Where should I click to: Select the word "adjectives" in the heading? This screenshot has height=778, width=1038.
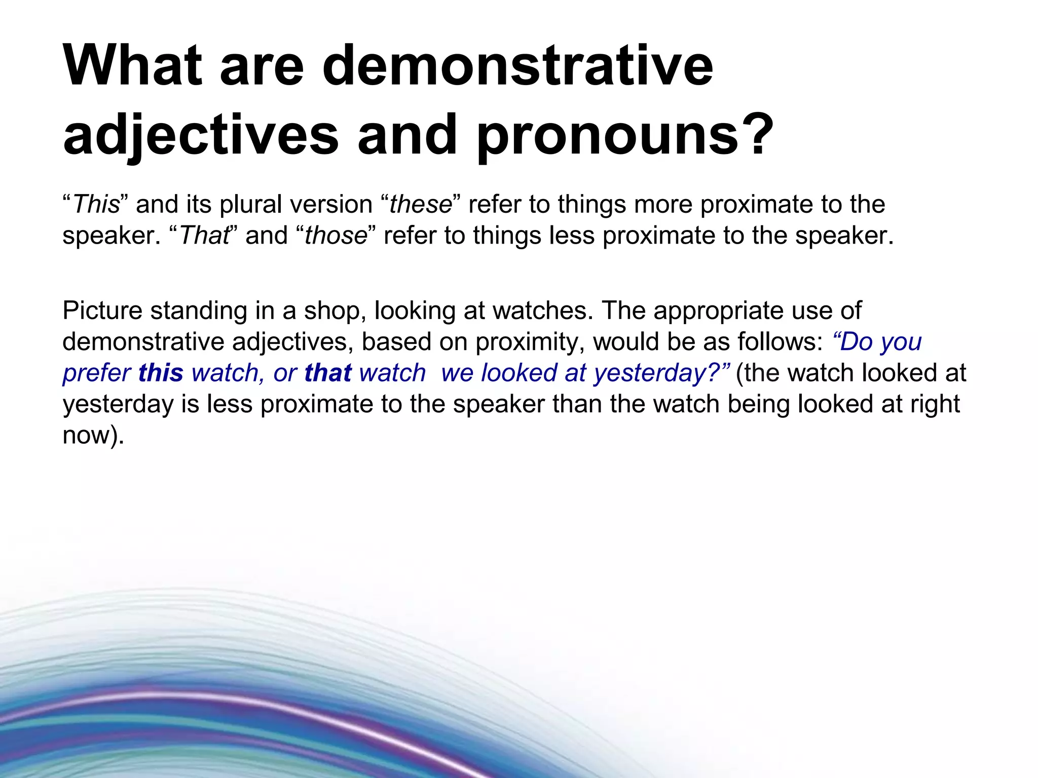pyautogui.click(x=201, y=135)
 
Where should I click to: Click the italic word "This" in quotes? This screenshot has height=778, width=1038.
pyautogui.click(x=97, y=205)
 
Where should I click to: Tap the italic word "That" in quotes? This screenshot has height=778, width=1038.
pyautogui.click(x=204, y=236)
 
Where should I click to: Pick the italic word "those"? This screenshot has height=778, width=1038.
pyautogui.click(x=336, y=236)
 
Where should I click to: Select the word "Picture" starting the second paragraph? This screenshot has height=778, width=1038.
pyautogui.click(x=102, y=310)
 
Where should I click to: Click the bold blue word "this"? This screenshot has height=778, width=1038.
pyautogui.click(x=161, y=373)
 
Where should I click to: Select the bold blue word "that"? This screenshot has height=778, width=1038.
pyautogui.click(x=328, y=373)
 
